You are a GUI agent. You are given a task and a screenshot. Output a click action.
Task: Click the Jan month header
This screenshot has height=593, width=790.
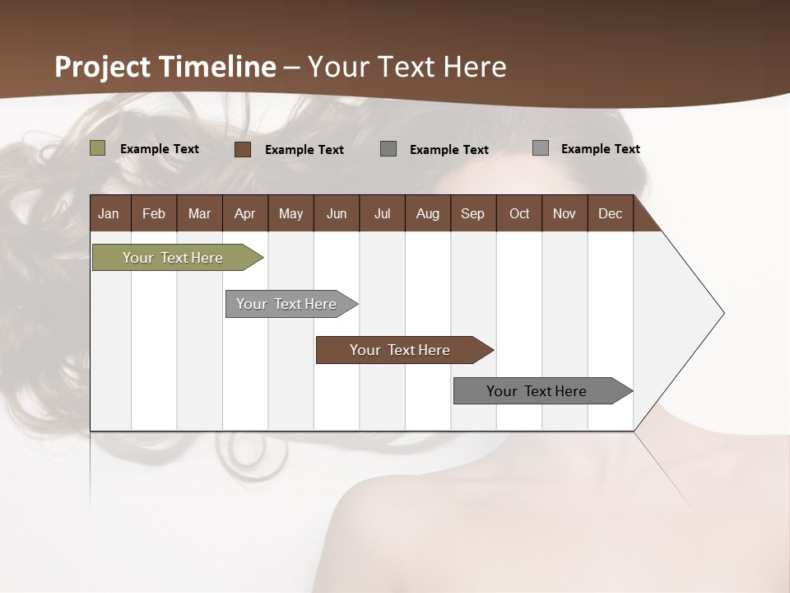pyautogui.click(x=109, y=213)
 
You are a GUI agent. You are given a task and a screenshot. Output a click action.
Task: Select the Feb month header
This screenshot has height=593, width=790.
pyautogui.click(x=154, y=213)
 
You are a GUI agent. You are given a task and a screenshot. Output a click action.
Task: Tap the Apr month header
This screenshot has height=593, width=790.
pyautogui.click(x=244, y=213)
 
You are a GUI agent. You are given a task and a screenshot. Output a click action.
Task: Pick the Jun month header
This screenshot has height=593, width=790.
pyautogui.click(x=337, y=213)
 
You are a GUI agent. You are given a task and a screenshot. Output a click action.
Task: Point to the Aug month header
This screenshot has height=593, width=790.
pyautogui.click(x=427, y=213)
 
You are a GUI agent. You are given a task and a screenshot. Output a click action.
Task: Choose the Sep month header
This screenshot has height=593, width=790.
pyautogui.click(x=472, y=213)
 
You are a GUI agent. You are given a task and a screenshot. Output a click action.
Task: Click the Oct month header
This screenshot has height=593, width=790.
pyautogui.click(x=519, y=213)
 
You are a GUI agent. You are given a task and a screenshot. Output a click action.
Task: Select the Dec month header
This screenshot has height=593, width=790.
pyautogui.click(x=610, y=213)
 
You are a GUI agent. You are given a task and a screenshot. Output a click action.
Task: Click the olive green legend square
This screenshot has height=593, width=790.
pyautogui.click(x=98, y=148)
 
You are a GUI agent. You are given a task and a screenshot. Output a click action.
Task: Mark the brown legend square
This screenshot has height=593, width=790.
pyautogui.click(x=243, y=149)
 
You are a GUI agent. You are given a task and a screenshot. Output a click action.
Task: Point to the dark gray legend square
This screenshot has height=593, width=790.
pyautogui.click(x=388, y=149)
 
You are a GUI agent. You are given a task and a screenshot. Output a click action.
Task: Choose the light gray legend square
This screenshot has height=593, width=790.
pyautogui.click(x=541, y=148)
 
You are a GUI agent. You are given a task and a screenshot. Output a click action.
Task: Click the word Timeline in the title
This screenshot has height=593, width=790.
pyautogui.click(x=216, y=67)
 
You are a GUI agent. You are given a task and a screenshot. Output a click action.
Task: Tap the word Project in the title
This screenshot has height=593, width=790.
pyautogui.click(x=103, y=67)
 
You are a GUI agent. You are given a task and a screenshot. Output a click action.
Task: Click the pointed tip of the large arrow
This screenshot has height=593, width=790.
pyautogui.click(x=722, y=313)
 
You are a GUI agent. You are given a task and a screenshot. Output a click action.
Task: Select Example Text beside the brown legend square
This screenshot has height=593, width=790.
pyautogui.click(x=304, y=150)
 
